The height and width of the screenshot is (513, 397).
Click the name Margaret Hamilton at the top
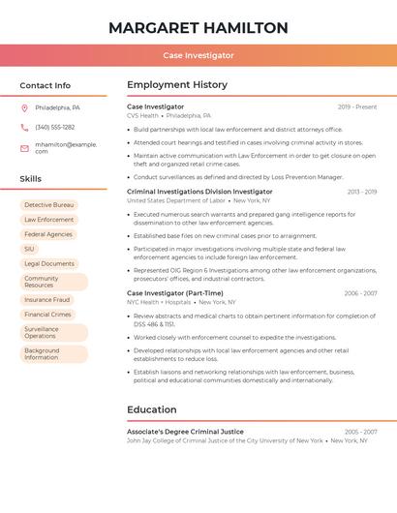[x=198, y=27]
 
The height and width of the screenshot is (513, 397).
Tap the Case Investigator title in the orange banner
[x=198, y=55]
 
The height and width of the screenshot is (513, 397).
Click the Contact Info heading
[x=46, y=85]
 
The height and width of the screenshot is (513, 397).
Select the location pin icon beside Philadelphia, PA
[x=24, y=107]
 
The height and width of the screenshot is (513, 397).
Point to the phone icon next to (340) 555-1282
[x=24, y=127]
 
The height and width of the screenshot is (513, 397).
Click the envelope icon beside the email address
[x=24, y=148]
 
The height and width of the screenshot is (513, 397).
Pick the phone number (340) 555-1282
[x=55, y=127]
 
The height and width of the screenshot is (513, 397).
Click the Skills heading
[x=31, y=179]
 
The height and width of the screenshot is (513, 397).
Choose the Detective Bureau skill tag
[x=49, y=205]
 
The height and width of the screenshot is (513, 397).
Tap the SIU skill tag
[x=29, y=249]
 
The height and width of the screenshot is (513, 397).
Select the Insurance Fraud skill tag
[x=47, y=300]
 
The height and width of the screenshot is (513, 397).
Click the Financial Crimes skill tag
[x=48, y=315]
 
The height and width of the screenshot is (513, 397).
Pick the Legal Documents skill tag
[x=49, y=263]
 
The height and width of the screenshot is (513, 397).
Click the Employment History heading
[x=177, y=85]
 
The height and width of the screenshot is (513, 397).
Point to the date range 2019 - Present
[x=357, y=106]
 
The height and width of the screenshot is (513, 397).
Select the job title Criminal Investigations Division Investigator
[x=199, y=192]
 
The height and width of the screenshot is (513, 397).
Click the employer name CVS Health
[x=142, y=115]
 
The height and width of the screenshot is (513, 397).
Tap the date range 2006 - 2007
[x=360, y=293]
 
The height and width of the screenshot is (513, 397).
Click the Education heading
[x=152, y=409]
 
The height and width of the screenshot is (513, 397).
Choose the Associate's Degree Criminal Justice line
[x=185, y=432]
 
